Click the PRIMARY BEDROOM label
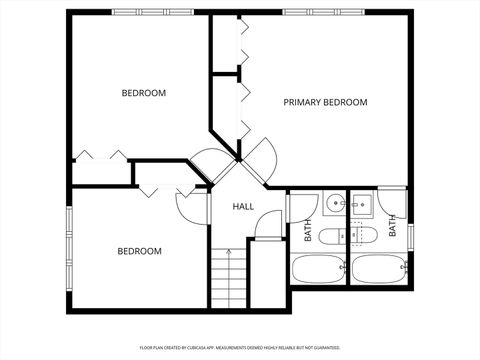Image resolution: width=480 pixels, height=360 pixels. (325, 102)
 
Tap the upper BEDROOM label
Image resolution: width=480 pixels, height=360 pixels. (143, 93)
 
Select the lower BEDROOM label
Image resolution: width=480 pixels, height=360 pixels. (139, 251)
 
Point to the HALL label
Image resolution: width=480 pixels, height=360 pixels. (243, 207)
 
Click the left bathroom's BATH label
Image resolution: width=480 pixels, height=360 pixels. (308, 231)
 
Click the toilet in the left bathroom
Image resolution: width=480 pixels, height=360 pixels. (334, 236)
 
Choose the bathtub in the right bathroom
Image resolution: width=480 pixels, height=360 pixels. (378, 269)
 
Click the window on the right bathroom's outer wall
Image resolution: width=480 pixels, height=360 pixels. (411, 237)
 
